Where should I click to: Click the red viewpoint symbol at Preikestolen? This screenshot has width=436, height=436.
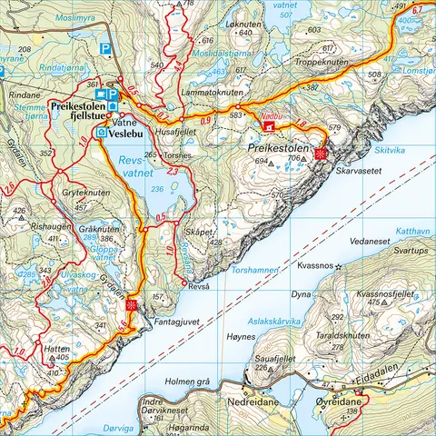point(320,155)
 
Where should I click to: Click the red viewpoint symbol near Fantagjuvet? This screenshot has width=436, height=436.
point(133,304)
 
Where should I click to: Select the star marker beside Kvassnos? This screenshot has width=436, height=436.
point(338,267)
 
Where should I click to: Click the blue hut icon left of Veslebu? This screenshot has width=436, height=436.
point(101,133)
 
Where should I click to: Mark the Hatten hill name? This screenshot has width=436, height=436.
point(56,348)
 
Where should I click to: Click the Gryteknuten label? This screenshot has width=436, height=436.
point(86,193)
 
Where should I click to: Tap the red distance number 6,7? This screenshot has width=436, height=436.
point(417,10)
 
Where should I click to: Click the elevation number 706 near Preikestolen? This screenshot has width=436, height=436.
point(293,158)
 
